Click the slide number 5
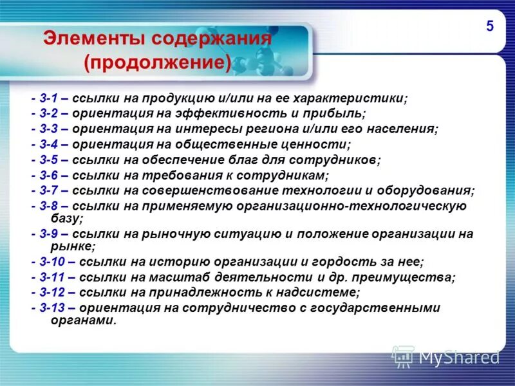coord(490,26)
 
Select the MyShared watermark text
coord(460,356)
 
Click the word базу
coord(65,219)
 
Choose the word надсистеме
coord(321,293)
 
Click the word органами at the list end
coord(84,320)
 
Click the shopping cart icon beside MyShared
coord(403,356)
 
